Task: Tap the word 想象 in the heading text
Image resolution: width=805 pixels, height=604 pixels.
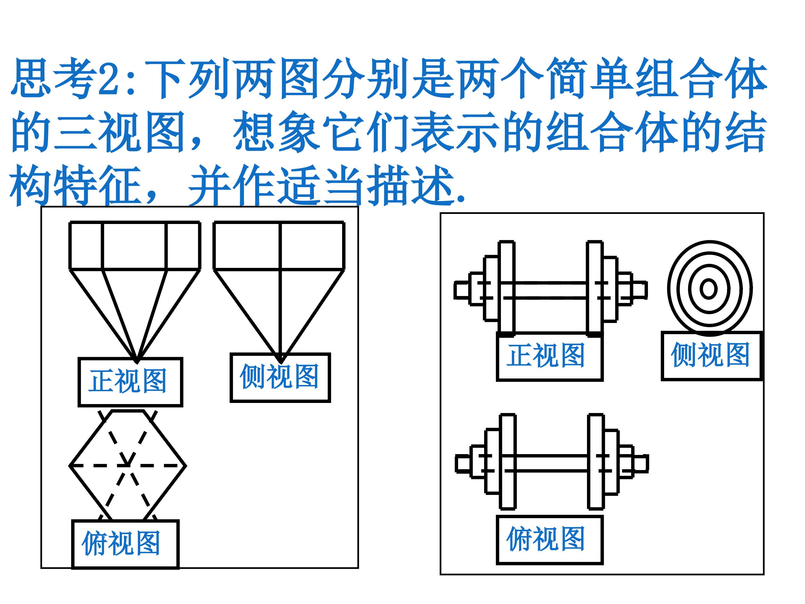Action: [277, 131]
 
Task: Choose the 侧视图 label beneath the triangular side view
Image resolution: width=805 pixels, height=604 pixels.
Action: [279, 376]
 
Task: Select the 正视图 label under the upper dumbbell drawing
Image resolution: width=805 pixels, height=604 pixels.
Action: [546, 355]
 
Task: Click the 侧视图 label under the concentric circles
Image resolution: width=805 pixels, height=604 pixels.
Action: [710, 355]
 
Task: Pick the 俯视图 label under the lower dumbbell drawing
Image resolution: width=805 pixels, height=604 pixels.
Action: [546, 539]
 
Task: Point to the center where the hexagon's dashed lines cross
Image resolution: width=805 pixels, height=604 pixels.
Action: [128, 466]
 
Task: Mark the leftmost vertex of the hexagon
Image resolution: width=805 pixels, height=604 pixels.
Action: [70, 466]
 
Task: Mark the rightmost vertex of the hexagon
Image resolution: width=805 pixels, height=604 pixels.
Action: [186, 466]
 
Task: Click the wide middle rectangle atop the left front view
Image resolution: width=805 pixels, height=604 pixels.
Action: [134, 246]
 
